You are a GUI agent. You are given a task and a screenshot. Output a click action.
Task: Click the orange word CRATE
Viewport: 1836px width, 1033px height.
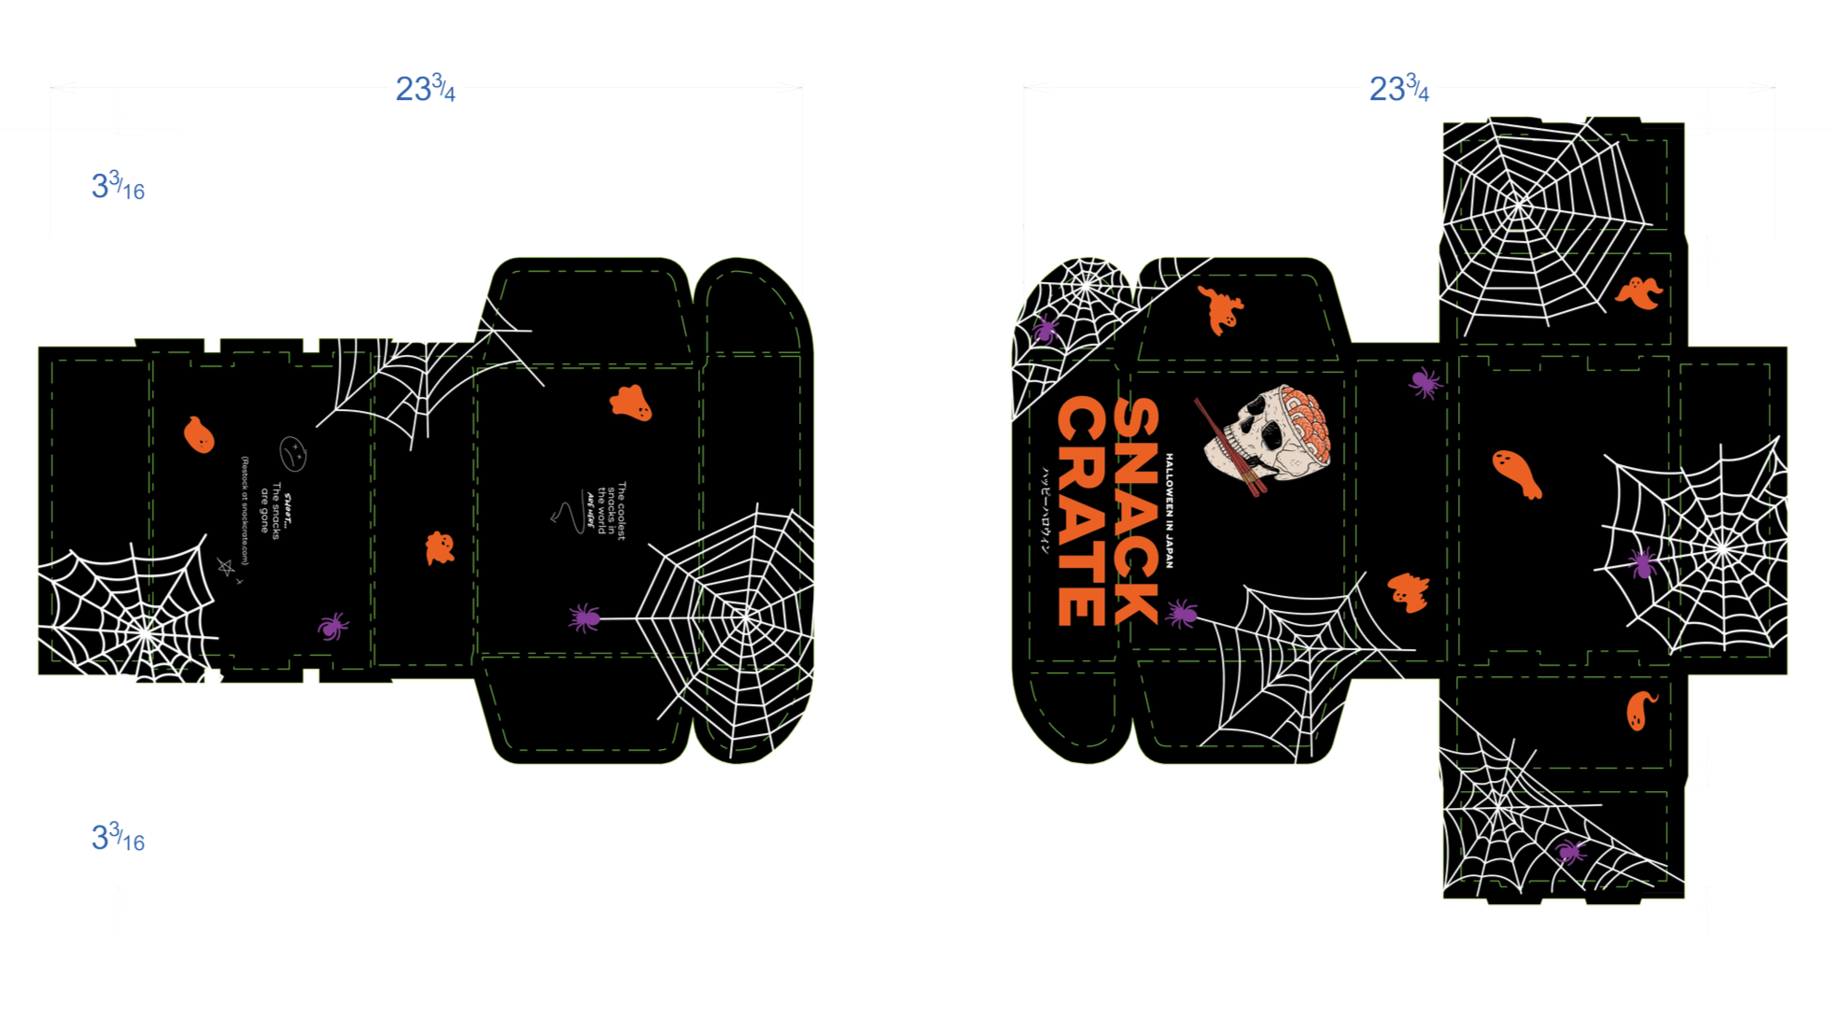click(x=1081, y=511)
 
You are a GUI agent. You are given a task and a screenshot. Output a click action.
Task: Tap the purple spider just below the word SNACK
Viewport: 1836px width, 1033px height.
click(x=1182, y=613)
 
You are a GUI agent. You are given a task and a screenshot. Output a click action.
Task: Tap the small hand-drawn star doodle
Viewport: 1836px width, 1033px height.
click(x=225, y=566)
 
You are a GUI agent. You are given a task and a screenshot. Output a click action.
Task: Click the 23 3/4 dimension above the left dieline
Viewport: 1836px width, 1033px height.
click(x=425, y=91)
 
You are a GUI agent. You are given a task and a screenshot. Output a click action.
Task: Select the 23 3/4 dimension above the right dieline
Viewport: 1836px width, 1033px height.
click(x=1398, y=91)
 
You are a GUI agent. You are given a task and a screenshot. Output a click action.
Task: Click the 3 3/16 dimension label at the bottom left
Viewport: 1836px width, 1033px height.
click(x=118, y=838)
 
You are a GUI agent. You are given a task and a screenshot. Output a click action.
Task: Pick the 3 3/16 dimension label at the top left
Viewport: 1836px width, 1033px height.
click(x=118, y=187)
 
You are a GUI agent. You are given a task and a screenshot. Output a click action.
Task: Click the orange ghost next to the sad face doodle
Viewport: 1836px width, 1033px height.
click(x=199, y=434)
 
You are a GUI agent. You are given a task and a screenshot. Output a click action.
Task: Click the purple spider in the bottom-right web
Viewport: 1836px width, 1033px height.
click(x=1570, y=851)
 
